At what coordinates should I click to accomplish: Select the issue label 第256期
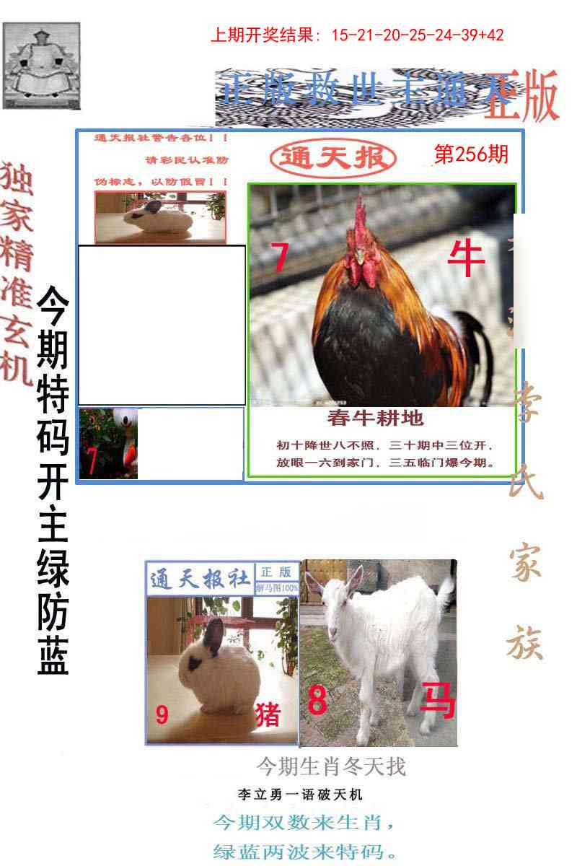470,154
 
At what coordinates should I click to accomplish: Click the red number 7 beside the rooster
280,258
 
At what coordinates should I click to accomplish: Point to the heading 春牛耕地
375,417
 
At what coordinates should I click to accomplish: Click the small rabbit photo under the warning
160,216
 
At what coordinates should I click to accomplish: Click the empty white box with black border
162,325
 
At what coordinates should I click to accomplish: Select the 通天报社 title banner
200,579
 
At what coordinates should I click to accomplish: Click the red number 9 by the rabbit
162,714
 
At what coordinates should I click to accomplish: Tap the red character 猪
268,714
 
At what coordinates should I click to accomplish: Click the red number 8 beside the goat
317,700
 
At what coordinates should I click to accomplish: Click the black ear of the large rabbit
214,635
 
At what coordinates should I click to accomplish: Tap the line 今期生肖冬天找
331,766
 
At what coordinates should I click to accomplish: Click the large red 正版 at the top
521,97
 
